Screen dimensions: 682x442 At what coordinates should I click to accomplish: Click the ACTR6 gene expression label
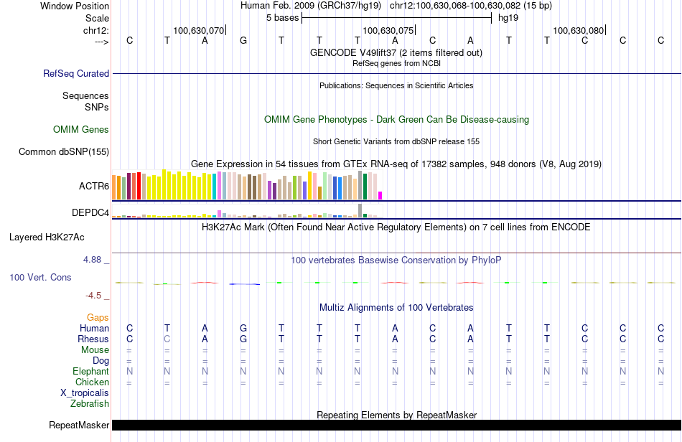94,186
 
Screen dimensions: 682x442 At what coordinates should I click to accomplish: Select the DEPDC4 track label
90,212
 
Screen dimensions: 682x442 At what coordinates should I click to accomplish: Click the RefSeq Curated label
76,73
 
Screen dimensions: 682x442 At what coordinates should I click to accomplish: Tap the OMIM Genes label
81,129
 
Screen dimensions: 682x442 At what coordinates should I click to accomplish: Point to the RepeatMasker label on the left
79,425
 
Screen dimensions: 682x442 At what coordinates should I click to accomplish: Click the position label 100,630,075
388,30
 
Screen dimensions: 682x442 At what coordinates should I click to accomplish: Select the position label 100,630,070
199,30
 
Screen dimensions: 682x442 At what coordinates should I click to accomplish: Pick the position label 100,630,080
579,30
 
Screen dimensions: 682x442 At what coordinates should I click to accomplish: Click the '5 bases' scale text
283,18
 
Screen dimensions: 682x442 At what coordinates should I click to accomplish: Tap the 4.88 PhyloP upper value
92,260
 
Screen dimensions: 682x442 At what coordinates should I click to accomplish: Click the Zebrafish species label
90,404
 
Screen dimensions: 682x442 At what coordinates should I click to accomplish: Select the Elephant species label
91,371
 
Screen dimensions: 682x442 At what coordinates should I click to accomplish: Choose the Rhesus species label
93,339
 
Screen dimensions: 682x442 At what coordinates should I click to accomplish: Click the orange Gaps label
98,318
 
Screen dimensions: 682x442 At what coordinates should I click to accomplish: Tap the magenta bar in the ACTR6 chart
380,196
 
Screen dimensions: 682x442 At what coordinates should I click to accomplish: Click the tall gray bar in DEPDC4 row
360,210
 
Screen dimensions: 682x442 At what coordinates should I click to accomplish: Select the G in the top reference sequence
243,40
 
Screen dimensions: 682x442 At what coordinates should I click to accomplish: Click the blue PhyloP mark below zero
244,284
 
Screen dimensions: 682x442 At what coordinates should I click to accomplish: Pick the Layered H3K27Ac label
47,238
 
